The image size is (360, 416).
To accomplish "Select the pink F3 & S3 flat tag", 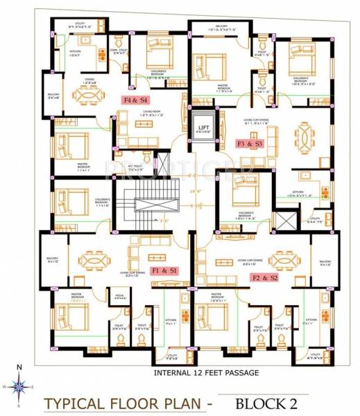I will click(250, 144).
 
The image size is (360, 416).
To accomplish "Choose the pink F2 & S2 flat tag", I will click(264, 277).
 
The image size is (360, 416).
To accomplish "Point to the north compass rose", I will click(20, 385).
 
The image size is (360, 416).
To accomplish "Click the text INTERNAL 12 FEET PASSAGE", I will click(206, 373).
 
